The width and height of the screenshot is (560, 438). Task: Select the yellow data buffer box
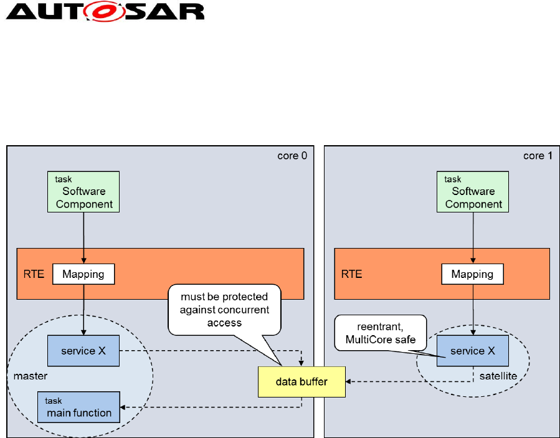click(x=301, y=382)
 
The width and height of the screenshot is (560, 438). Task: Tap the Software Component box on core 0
click(x=83, y=191)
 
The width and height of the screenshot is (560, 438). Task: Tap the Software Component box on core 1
click(x=473, y=191)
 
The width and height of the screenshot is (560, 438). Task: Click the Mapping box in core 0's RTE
click(x=83, y=274)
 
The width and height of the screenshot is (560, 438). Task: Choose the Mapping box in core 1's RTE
click(x=472, y=274)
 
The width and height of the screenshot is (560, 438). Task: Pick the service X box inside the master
click(x=83, y=351)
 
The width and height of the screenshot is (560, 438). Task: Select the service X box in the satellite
click(x=472, y=351)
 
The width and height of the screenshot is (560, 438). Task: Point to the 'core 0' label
click(x=292, y=155)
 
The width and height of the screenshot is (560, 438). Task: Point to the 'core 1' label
click(x=538, y=155)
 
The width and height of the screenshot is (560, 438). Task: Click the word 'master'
click(x=29, y=376)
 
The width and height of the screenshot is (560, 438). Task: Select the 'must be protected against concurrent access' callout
click(x=224, y=309)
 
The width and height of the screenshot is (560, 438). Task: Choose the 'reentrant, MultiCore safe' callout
click(x=379, y=333)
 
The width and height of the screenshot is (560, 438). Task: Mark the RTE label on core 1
click(x=351, y=274)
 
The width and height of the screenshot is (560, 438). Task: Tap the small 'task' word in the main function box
click(x=54, y=401)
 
